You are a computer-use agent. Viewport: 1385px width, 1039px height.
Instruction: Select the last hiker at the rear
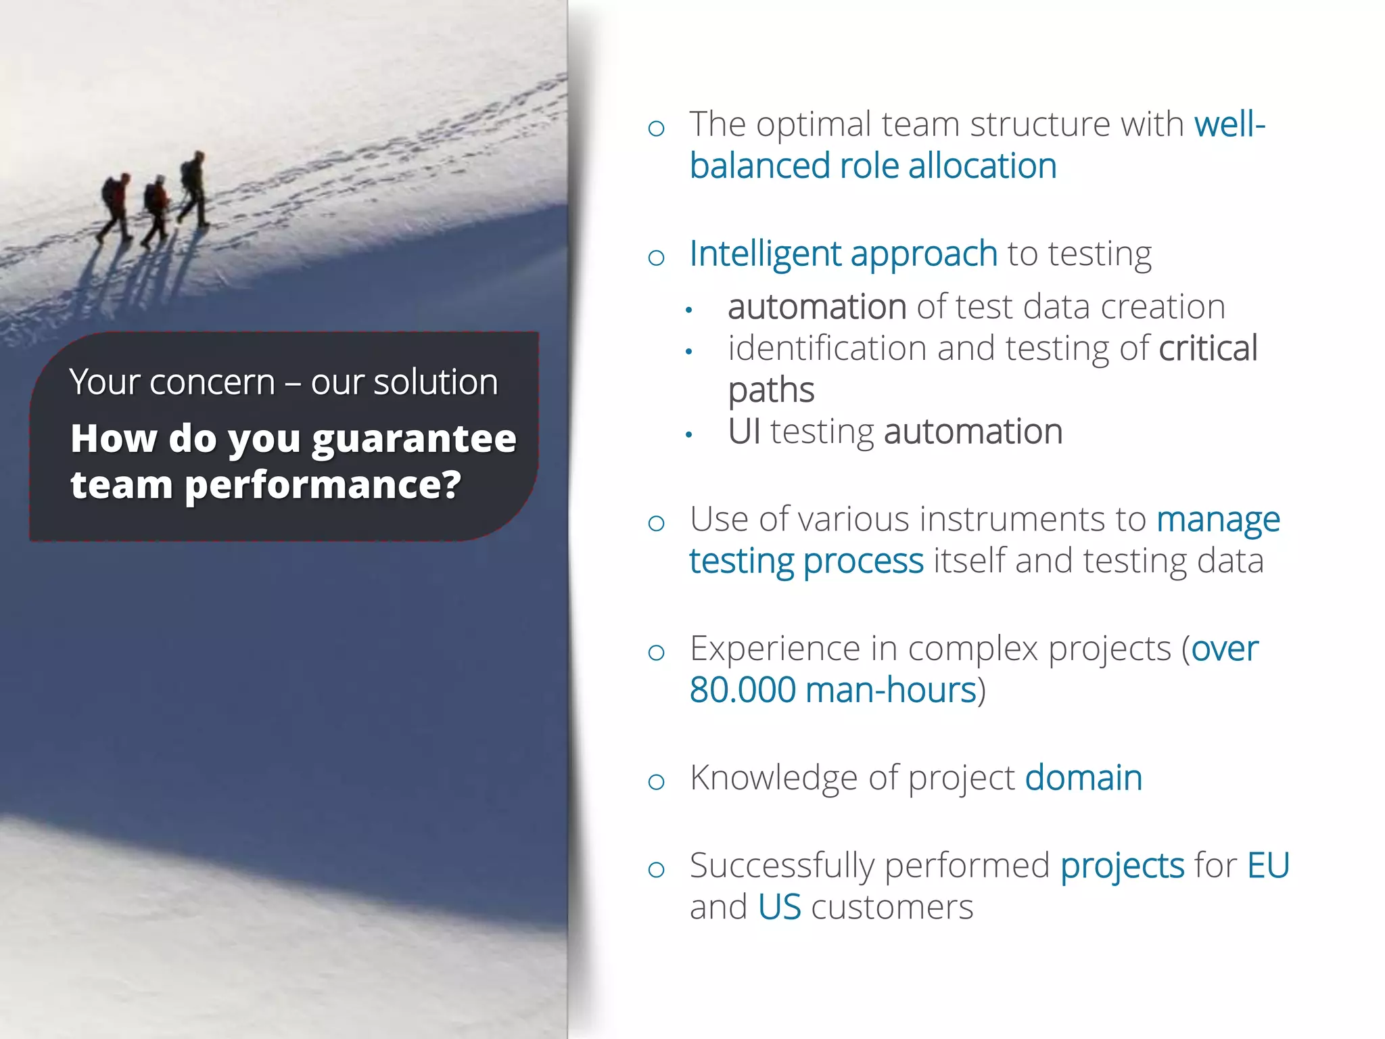(115, 206)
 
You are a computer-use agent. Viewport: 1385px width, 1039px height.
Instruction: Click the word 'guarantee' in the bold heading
(414, 439)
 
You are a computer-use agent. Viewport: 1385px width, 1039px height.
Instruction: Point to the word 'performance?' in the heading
(323, 486)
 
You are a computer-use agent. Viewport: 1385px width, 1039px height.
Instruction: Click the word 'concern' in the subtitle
(212, 382)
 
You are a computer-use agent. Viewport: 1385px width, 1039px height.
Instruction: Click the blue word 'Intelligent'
(764, 254)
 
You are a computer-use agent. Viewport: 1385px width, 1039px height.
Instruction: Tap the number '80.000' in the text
(742, 691)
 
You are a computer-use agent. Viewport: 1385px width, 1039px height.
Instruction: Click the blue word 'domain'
(1083, 778)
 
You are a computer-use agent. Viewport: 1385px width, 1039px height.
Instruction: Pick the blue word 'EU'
(1268, 866)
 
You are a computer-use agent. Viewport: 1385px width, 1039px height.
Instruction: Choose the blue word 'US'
(779, 908)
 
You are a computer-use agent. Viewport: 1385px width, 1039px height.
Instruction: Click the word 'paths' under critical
(770, 391)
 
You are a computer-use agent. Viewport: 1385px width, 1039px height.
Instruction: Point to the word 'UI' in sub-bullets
(744, 432)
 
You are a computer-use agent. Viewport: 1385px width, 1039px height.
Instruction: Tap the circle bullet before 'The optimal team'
(656, 129)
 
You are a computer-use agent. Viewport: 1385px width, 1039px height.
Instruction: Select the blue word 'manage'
(1217, 521)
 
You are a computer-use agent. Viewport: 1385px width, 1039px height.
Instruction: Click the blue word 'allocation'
(982, 166)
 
